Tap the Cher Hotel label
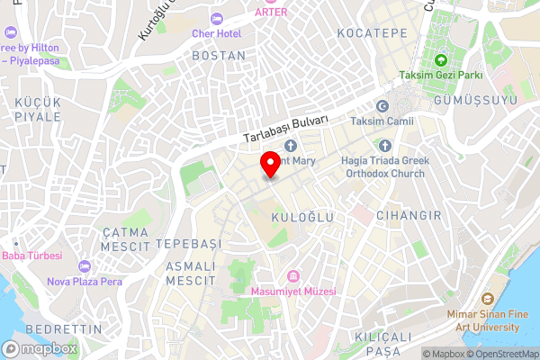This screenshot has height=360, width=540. pyautogui.click(x=216, y=33)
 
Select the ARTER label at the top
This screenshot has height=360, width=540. pyautogui.click(x=271, y=12)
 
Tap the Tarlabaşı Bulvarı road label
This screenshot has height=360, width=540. pyautogui.click(x=286, y=130)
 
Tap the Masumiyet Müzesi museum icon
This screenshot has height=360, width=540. pyautogui.click(x=292, y=276)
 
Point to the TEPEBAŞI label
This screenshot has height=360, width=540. pyautogui.click(x=188, y=244)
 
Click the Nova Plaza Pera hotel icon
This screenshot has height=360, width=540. pyautogui.click(x=84, y=267)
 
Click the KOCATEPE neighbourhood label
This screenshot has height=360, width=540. pyautogui.click(x=372, y=33)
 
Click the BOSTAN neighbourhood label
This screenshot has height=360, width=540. pyautogui.click(x=218, y=56)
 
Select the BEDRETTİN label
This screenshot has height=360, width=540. pyautogui.click(x=65, y=328)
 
